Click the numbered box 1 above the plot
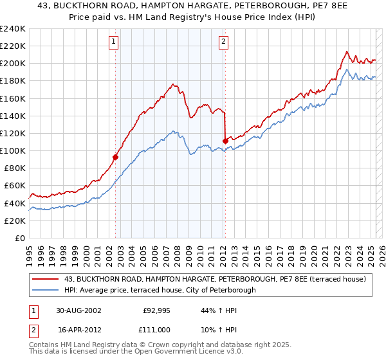tap(113, 42)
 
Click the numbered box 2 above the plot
tap(223, 42)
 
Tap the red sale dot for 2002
tap(116, 156)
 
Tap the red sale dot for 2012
tap(225, 141)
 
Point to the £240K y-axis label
tap(13, 29)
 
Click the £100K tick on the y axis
tap(13, 150)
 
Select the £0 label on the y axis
tap(19, 238)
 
